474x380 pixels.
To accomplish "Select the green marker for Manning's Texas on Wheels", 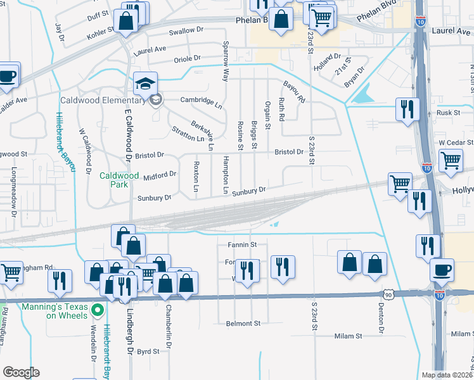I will pyautogui.click(x=97, y=310).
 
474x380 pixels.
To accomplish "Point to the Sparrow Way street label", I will pyautogui.click(x=225, y=62).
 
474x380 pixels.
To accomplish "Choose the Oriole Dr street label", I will pyautogui.click(x=188, y=59).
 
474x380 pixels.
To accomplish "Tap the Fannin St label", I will pyautogui.click(x=241, y=244).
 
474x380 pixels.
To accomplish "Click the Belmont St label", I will pyautogui.click(x=243, y=324).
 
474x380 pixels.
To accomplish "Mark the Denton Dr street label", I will pyautogui.click(x=381, y=317).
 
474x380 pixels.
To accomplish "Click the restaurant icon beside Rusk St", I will pyautogui.click(x=406, y=109).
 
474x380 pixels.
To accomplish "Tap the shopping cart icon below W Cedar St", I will pyautogui.click(x=451, y=160).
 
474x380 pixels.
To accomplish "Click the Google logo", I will pyautogui.click(x=21, y=372).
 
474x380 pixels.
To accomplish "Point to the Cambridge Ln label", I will pyautogui.click(x=202, y=101).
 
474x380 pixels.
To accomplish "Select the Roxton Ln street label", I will pyautogui.click(x=196, y=177).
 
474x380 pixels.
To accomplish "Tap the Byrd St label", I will pyautogui.click(x=148, y=351).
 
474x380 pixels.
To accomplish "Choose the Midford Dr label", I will pyautogui.click(x=160, y=175).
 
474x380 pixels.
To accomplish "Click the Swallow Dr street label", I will pyautogui.click(x=186, y=30).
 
